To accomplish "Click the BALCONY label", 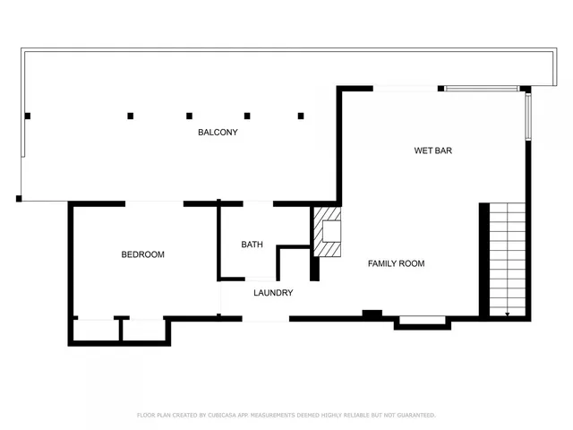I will click(218, 133).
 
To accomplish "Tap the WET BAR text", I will click(432, 150).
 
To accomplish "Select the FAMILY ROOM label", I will click(396, 263).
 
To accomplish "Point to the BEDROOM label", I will click(143, 254).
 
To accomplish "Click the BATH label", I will click(252, 245).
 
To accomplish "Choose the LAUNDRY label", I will click(273, 293).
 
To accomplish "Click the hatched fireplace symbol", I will click(326, 233).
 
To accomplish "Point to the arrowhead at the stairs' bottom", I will click(508, 314).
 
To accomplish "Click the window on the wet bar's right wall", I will click(528, 116).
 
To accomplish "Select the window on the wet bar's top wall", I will click(481, 88).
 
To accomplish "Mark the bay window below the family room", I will click(423, 320).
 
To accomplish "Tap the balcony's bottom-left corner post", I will click(19, 198).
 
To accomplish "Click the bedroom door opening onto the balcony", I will click(154, 203).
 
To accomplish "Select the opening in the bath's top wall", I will click(257, 203).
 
